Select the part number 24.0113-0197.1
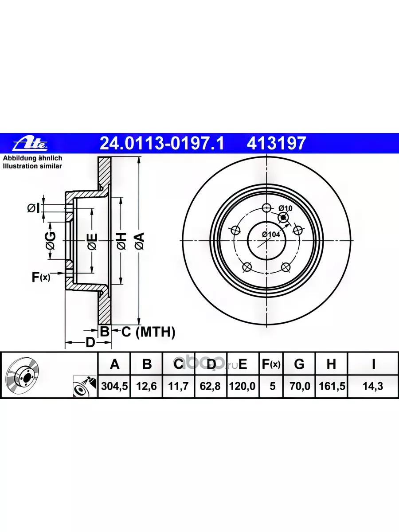[x=162, y=143]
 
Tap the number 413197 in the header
[x=276, y=143]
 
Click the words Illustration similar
[x=32, y=166]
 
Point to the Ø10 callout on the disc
[x=285, y=208]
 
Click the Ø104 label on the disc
[x=271, y=235]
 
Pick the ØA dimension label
[x=140, y=241]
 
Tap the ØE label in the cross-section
[x=92, y=241]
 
